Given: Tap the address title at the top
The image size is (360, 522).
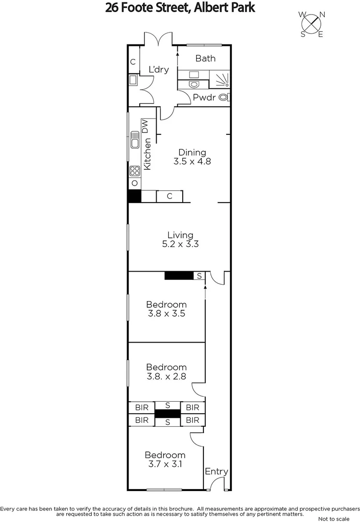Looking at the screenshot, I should pyautogui.click(x=180, y=7).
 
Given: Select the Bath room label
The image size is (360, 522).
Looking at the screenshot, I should pyautogui.click(x=205, y=58).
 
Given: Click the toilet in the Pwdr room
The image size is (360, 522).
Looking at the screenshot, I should pyautogui.click(x=223, y=97).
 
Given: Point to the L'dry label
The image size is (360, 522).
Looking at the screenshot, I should pyautogui.click(x=158, y=70).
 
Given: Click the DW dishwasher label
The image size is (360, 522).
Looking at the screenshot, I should pyautogui.click(x=145, y=126).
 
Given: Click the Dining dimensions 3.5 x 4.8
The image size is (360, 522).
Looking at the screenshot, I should pyautogui.click(x=192, y=162).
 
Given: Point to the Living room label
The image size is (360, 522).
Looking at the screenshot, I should pyautogui.click(x=180, y=235).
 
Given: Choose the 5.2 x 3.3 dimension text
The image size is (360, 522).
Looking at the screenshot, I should pyautogui.click(x=180, y=245).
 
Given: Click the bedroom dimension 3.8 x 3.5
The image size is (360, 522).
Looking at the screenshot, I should pyautogui.click(x=166, y=313).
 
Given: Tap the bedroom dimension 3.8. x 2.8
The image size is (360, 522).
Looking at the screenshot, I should pyautogui.click(x=166, y=376).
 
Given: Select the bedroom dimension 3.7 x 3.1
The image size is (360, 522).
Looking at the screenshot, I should pyautogui.click(x=165, y=464).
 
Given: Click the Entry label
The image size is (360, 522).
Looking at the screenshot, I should pyautogui.click(x=216, y=472).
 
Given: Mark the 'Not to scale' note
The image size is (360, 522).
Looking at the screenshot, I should pyautogui.click(x=333, y=519).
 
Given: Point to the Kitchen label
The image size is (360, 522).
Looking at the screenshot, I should pyautogui.click(x=148, y=153).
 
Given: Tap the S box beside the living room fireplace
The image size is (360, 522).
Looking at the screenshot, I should pyautogui.click(x=199, y=275).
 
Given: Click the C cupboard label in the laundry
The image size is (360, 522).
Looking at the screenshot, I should pyautogui.click(x=132, y=62).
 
